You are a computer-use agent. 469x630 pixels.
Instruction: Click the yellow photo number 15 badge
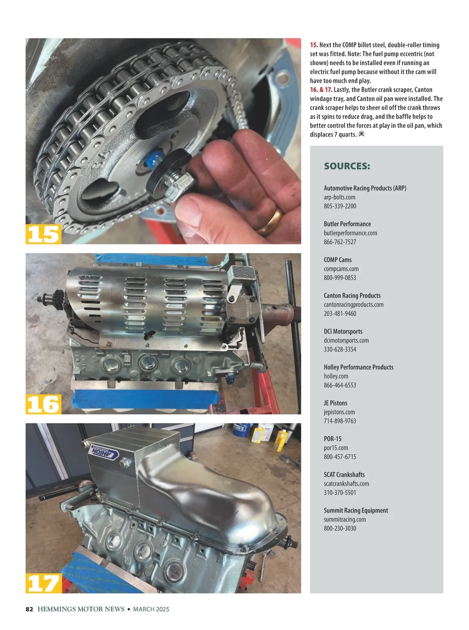click(43, 234)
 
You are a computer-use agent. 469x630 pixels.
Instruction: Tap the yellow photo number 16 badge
click(43, 404)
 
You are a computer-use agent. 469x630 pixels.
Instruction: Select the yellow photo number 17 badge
click(44, 583)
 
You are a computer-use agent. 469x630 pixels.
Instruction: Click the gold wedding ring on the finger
click(271, 221)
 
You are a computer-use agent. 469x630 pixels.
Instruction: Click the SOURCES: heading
click(347, 166)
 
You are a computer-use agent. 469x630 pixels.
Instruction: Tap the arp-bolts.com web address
click(339, 197)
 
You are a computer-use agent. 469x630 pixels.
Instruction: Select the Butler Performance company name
click(347, 224)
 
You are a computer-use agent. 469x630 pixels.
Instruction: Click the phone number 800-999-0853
click(340, 278)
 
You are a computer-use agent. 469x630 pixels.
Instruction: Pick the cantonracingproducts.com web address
click(354, 305)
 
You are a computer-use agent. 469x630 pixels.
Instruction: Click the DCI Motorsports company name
click(343, 331)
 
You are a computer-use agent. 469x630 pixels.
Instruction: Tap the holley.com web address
click(336, 376)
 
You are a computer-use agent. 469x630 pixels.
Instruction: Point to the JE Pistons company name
click(335, 403)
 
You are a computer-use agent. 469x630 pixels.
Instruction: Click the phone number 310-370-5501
click(340, 492)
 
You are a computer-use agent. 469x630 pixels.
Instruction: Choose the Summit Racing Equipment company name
click(356, 510)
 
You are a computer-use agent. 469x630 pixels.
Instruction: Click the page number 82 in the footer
click(29, 609)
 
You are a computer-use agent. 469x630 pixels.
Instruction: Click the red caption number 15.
click(314, 45)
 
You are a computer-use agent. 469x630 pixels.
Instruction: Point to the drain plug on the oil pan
click(124, 463)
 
